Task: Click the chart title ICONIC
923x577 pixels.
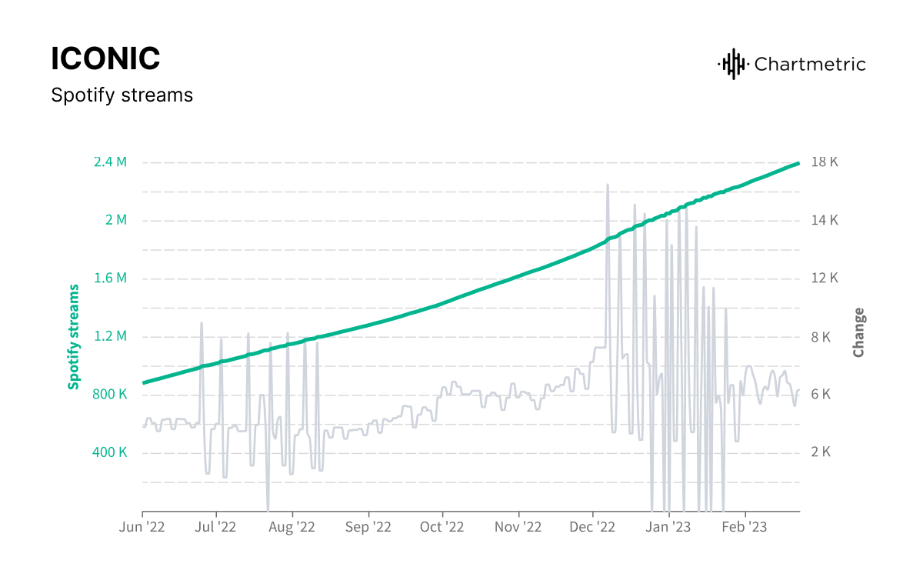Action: [x=105, y=58]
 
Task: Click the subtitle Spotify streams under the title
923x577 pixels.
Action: [x=122, y=95]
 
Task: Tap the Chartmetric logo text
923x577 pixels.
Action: [x=810, y=64]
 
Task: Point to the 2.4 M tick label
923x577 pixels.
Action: [x=111, y=162]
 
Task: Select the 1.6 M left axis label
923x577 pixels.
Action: [x=111, y=278]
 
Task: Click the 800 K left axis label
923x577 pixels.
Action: [x=110, y=394]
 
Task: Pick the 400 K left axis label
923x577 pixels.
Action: [x=110, y=452]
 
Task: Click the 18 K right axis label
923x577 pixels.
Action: [x=825, y=162]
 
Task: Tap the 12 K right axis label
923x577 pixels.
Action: [x=825, y=278]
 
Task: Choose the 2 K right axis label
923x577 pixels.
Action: [x=821, y=452]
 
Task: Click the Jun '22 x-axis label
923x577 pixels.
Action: [x=142, y=528]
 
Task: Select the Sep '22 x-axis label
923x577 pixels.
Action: [x=368, y=528]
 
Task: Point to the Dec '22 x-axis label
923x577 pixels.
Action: [x=593, y=528]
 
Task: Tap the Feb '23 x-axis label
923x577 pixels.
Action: [x=745, y=528]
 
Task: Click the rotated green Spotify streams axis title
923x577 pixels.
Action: [x=74, y=336]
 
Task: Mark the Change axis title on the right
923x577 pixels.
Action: [x=858, y=332]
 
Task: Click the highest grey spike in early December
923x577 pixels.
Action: [x=608, y=185]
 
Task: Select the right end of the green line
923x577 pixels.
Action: [x=798, y=163]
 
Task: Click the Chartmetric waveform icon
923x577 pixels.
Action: [x=732, y=64]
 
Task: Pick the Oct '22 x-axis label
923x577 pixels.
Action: [x=442, y=528]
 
